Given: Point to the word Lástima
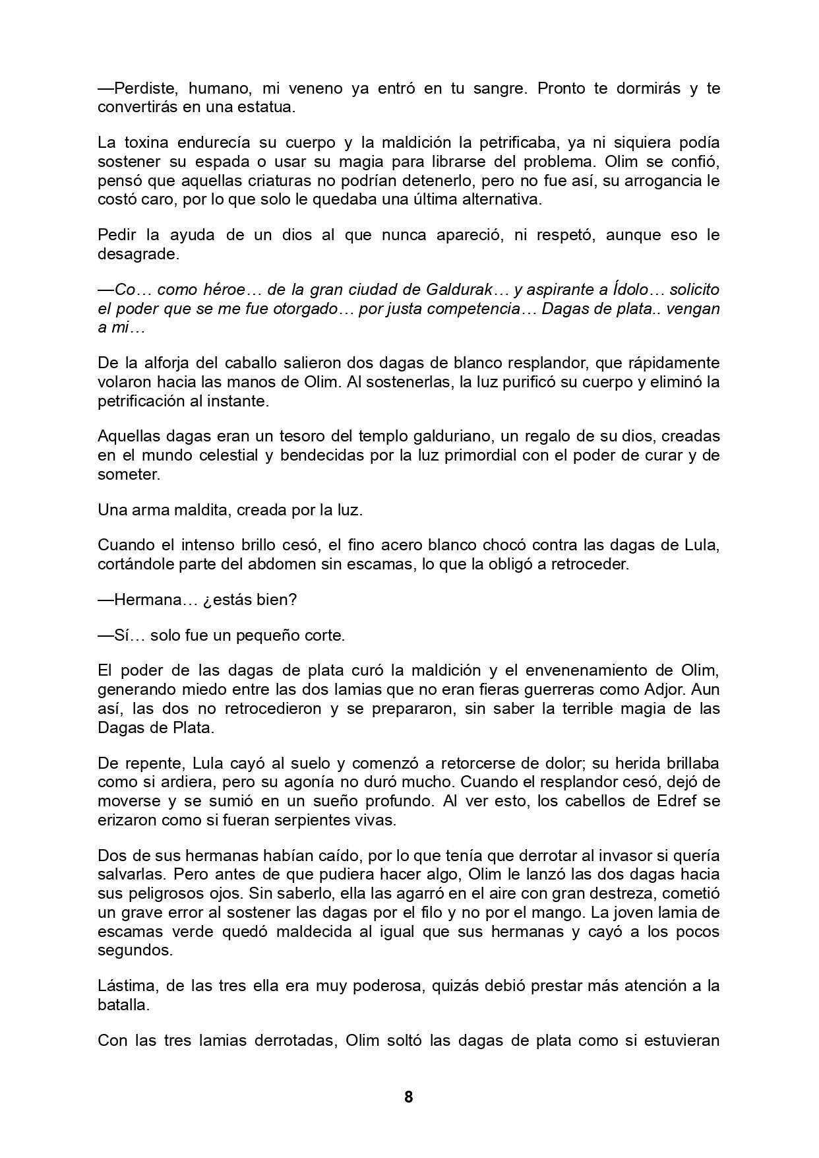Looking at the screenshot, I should pos(125,986).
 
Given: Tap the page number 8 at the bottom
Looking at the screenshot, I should pos(409,1097).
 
